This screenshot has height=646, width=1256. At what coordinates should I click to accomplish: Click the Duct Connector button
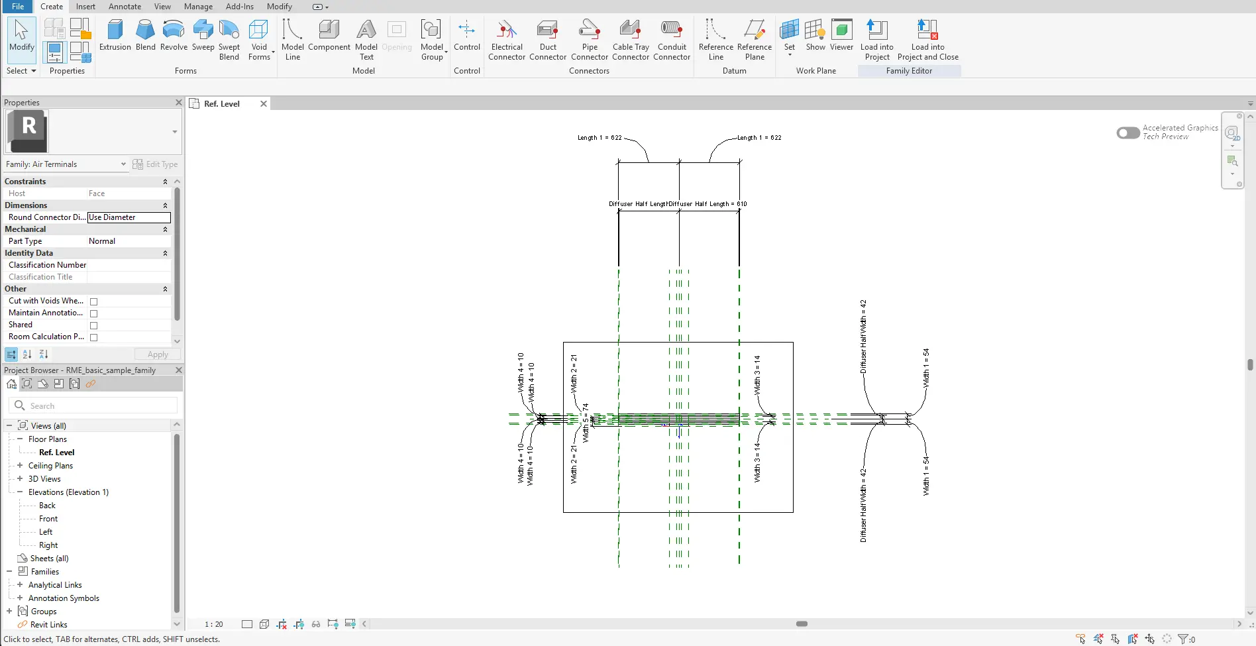point(548,39)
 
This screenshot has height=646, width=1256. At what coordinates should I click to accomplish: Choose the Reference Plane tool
point(754,39)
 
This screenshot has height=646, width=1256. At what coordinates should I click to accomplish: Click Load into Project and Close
point(927,39)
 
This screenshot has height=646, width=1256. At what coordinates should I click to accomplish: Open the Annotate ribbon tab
point(125,7)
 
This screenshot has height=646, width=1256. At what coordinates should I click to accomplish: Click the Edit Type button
point(156,164)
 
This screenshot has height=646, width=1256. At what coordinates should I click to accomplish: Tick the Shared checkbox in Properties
point(93,325)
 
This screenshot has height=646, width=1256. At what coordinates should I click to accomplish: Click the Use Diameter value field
point(129,217)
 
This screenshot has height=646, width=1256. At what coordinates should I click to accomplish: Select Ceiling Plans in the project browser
point(50,466)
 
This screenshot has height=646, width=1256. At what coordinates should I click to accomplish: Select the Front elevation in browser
point(48,519)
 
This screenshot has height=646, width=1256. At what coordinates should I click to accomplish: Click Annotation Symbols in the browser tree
point(64,598)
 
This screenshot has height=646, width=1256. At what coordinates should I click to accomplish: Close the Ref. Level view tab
point(264,104)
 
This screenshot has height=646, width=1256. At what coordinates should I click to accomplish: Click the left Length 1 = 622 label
point(600,138)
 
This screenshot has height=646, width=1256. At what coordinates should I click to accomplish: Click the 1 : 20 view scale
point(213,624)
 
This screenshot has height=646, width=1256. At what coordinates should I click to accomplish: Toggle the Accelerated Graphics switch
point(1127,133)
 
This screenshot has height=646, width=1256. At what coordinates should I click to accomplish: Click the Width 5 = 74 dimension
point(586,423)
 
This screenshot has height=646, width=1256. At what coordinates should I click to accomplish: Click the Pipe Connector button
point(589,39)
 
